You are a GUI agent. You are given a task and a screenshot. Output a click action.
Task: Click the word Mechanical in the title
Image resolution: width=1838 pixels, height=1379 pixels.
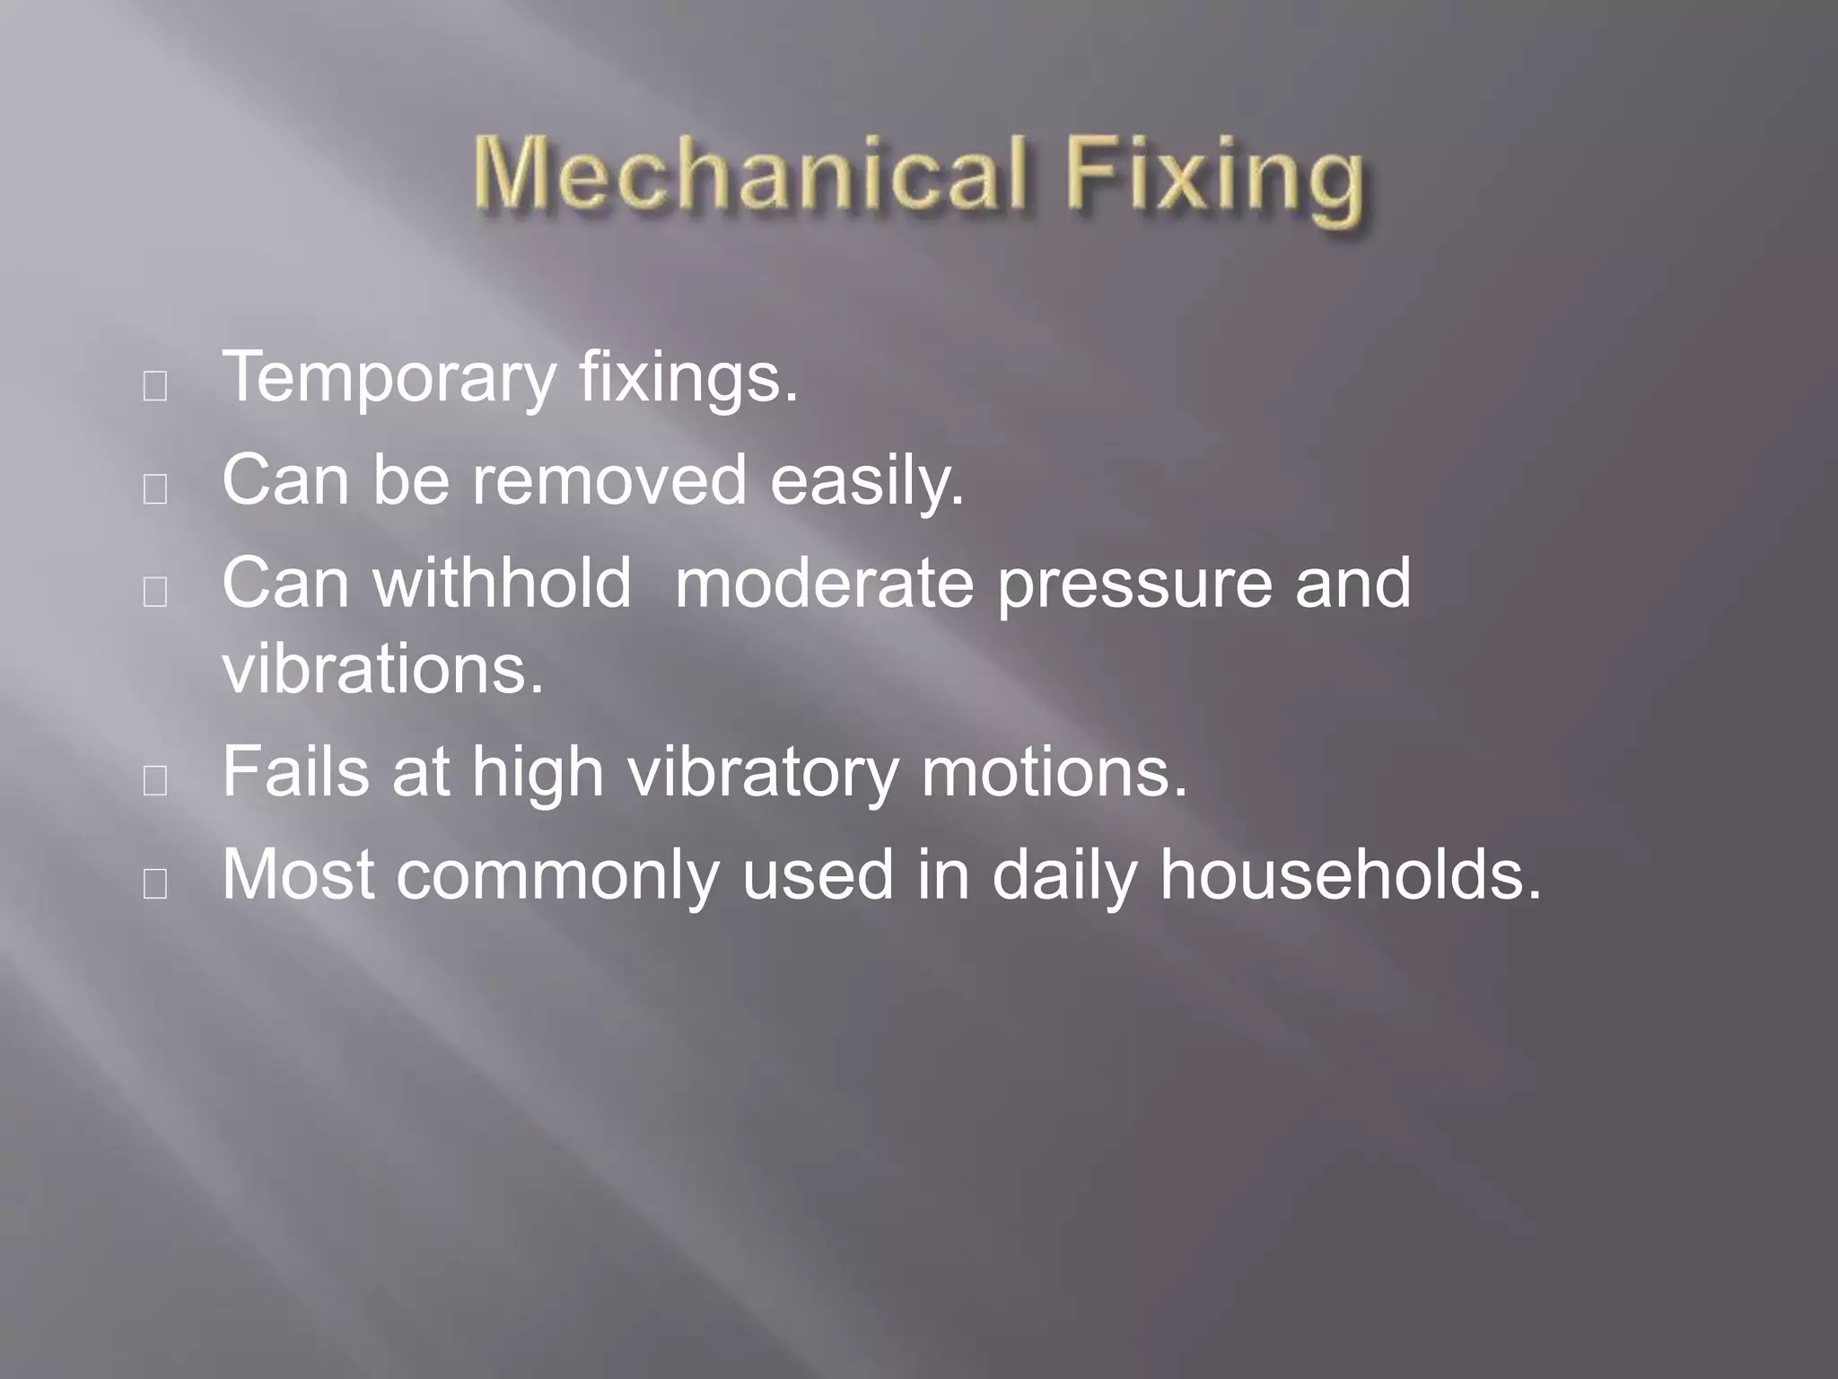pyautogui.click(x=749, y=175)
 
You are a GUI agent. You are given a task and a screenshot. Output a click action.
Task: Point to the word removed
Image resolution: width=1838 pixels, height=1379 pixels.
pyautogui.click(x=609, y=480)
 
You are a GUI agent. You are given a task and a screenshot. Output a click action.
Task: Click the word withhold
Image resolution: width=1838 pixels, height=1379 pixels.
pyautogui.click(x=503, y=583)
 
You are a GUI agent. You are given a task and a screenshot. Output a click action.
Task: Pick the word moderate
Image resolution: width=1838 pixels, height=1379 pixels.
pyautogui.click(x=824, y=583)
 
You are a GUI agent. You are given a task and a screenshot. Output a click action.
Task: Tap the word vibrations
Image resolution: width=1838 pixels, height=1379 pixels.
pyautogui.click(x=383, y=669)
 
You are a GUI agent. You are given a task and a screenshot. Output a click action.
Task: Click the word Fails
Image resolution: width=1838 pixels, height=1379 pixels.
pyautogui.click(x=295, y=771)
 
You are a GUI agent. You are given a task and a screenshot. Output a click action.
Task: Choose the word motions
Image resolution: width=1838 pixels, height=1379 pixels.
pyautogui.click(x=1054, y=771)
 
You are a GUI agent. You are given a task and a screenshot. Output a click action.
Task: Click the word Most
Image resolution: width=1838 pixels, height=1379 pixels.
pyautogui.click(x=298, y=874)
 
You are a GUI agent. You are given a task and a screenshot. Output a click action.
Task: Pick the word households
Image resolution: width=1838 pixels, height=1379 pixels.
pyautogui.click(x=1350, y=874)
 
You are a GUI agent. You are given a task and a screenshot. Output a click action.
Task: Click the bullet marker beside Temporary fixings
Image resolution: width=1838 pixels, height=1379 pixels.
pyautogui.click(x=155, y=387)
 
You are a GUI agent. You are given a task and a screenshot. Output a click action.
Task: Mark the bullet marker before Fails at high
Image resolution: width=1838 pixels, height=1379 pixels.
pyautogui.click(x=155, y=781)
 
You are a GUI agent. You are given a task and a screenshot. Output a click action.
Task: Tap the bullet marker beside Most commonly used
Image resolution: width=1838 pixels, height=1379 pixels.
pyautogui.click(x=155, y=884)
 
